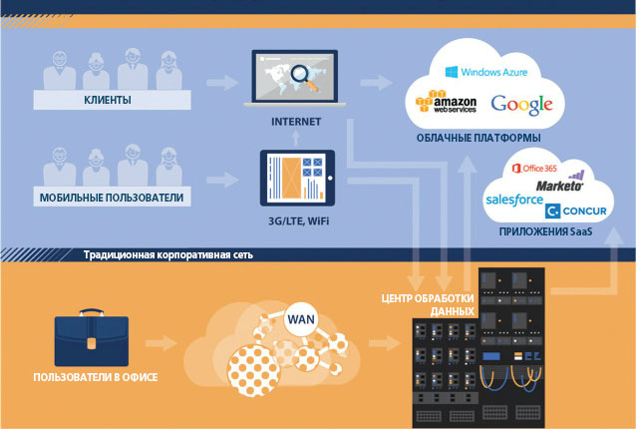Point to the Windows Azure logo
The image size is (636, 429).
pos(485,72)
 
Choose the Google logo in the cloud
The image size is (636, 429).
pos(520,103)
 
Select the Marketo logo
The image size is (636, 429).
pos(561,186)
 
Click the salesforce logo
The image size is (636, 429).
pos(514,201)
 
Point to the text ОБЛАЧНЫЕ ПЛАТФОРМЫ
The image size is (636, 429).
pos(477,137)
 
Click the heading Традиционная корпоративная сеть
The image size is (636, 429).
pos(168,255)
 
